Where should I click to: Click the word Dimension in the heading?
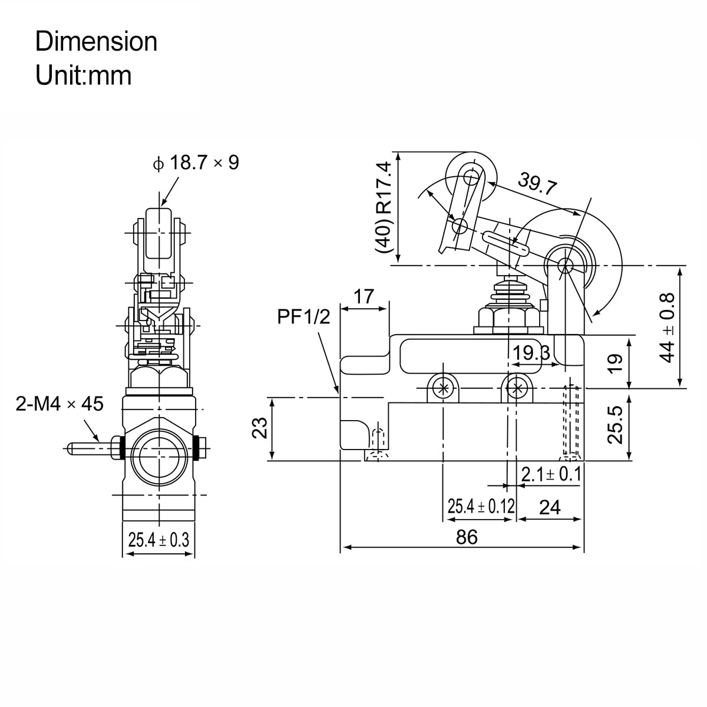pyautogui.click(x=96, y=42)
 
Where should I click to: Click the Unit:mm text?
pyautogui.click(x=83, y=75)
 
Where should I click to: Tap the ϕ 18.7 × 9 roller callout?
pyautogui.click(x=196, y=163)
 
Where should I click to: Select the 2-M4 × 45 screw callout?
pyautogui.click(x=60, y=404)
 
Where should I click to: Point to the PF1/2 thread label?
pyautogui.click(x=305, y=318)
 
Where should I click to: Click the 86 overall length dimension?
pyautogui.click(x=466, y=537)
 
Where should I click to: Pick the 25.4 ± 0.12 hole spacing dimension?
pyautogui.click(x=481, y=506)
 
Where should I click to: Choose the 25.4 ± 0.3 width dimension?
pyautogui.click(x=158, y=540)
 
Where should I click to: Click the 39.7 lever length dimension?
pyautogui.click(x=537, y=184)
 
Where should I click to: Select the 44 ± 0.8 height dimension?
pyautogui.click(x=668, y=328)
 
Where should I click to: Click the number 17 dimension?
pyautogui.click(x=365, y=296)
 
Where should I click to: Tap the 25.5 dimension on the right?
pyautogui.click(x=615, y=424)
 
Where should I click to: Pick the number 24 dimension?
pyautogui.click(x=550, y=507)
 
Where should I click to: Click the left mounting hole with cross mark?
pyautogui.click(x=442, y=388)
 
